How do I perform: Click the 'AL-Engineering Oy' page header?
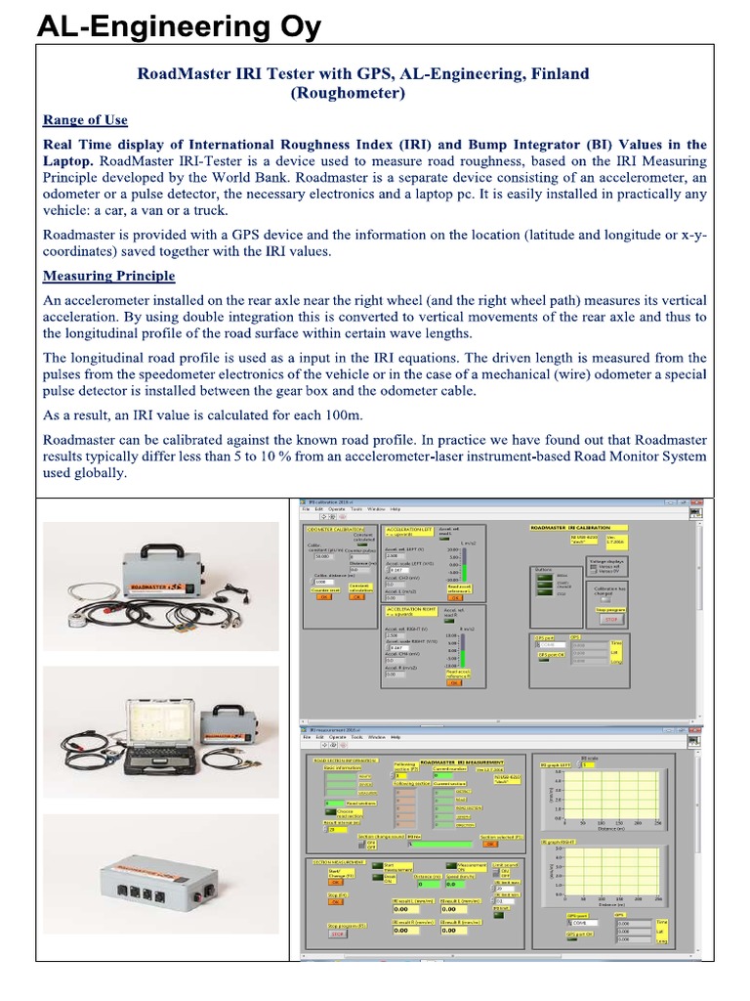(x=179, y=27)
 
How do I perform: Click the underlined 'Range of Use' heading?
(x=85, y=120)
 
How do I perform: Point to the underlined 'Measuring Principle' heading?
(x=109, y=276)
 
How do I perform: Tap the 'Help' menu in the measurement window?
(x=396, y=736)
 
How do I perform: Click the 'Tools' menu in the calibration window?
(x=356, y=509)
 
